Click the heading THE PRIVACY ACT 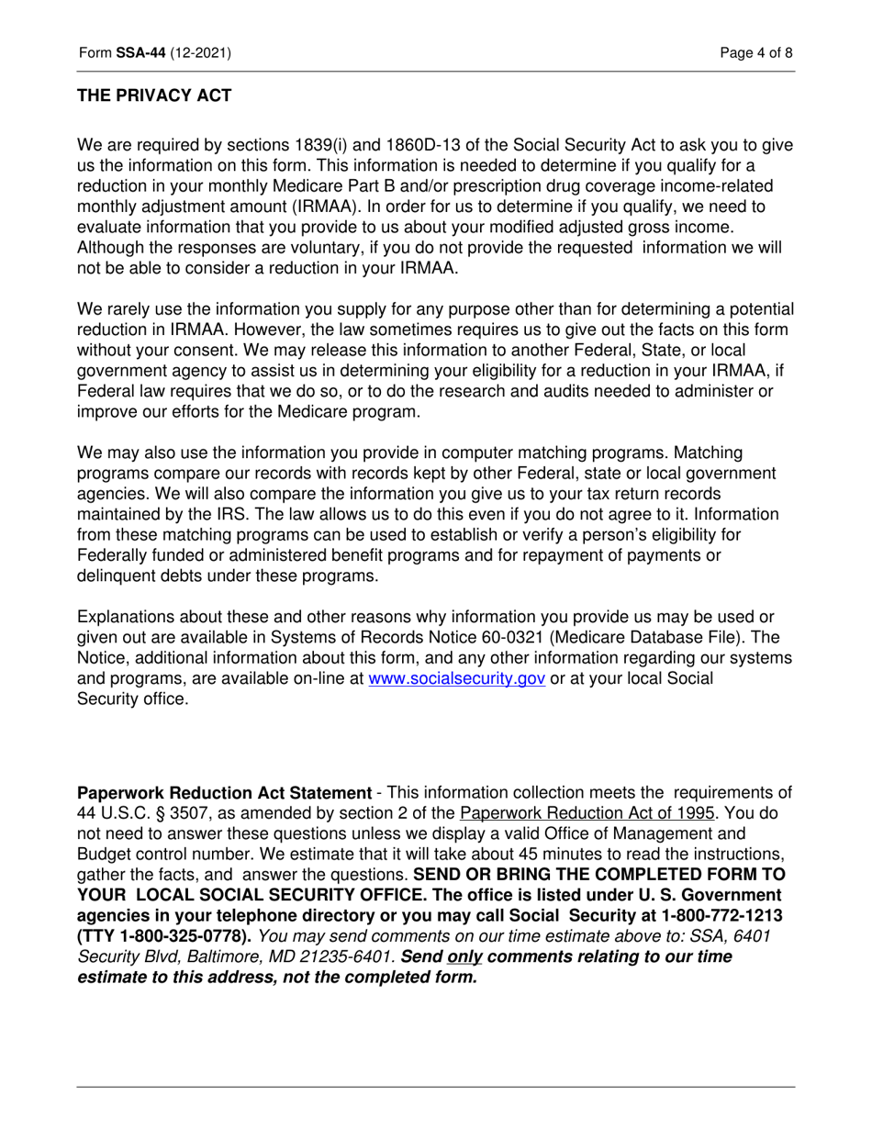point(154,95)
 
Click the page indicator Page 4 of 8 point(756,53)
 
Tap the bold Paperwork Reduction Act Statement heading point(224,792)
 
